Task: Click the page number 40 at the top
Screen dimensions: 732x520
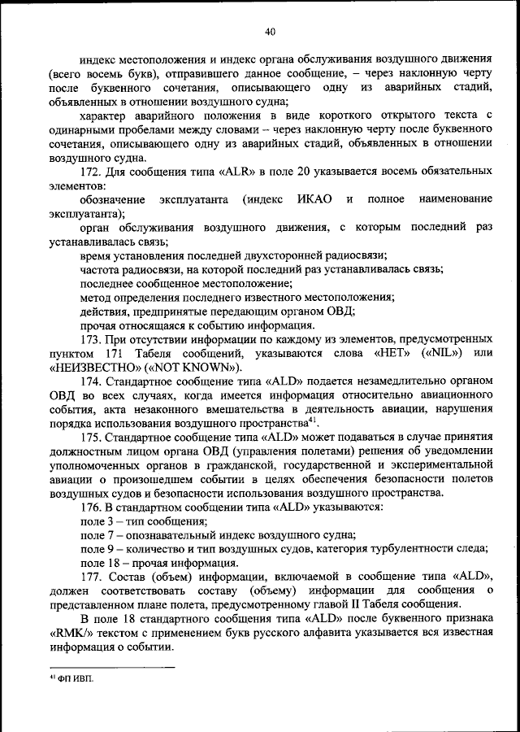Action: pyautogui.click(x=270, y=32)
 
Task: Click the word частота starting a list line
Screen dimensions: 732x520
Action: pyautogui.click(x=100, y=269)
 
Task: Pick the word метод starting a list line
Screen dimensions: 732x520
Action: pyautogui.click(x=96, y=297)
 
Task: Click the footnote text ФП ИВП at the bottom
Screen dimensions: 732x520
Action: pyautogui.click(x=76, y=679)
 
